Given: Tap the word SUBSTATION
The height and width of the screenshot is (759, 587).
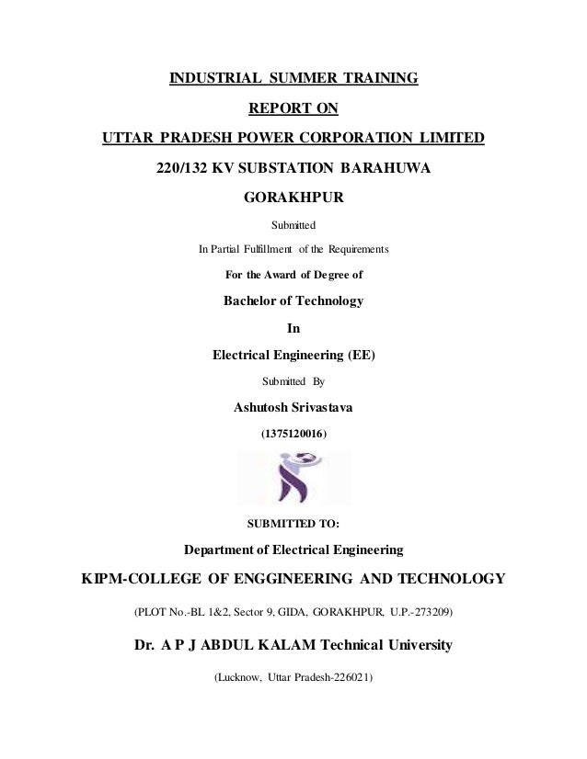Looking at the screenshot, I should [291, 169].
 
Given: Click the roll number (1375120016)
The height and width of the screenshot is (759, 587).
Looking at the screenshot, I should [293, 432].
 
